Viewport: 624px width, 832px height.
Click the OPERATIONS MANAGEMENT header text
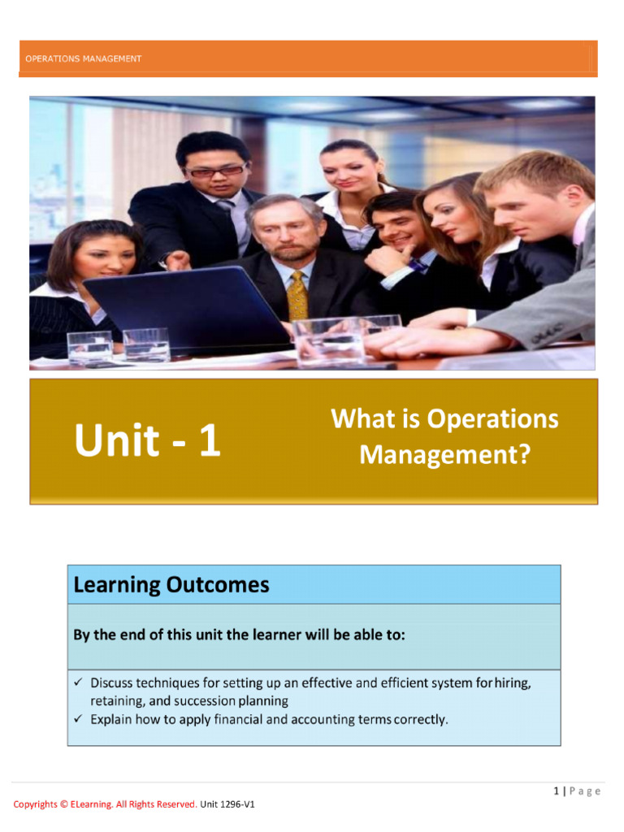tap(84, 58)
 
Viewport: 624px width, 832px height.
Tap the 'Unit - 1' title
tap(147, 441)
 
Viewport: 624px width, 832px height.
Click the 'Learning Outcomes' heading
tap(171, 585)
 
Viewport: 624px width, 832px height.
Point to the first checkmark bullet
tap(78, 682)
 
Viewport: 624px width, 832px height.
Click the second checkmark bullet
tap(78, 719)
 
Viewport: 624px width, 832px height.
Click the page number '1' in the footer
tap(556, 791)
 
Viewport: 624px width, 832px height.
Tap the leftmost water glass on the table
tap(89, 348)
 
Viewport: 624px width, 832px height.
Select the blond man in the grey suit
tap(540, 244)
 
